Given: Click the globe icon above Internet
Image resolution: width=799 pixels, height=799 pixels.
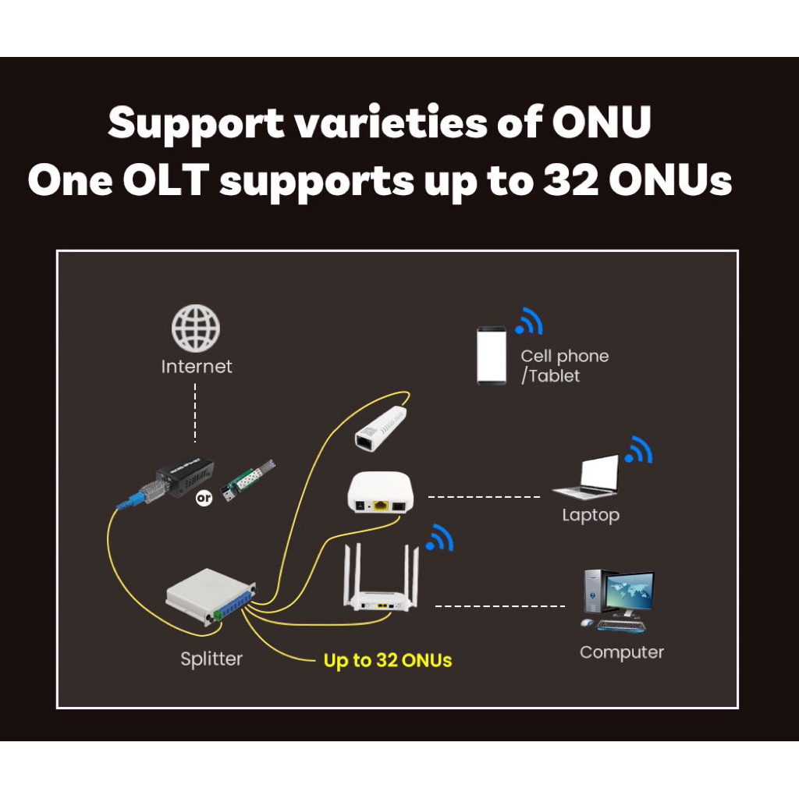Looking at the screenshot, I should pyautogui.click(x=196, y=328).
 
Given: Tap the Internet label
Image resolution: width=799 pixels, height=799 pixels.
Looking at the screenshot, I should pyautogui.click(x=197, y=366).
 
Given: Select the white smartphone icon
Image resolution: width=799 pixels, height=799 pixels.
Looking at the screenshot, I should pyautogui.click(x=492, y=356).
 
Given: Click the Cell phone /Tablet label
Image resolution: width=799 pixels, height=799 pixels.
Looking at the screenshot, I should pyautogui.click(x=564, y=366).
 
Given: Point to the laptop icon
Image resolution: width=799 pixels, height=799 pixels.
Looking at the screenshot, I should pyautogui.click(x=587, y=478).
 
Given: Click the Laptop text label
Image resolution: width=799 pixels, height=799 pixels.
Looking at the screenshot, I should pyautogui.click(x=591, y=515).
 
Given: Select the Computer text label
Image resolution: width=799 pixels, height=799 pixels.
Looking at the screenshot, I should pyautogui.click(x=621, y=652).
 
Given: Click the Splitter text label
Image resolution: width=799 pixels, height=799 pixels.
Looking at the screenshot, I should pyautogui.click(x=211, y=659).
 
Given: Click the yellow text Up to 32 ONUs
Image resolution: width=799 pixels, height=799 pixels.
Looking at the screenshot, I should pyautogui.click(x=388, y=660).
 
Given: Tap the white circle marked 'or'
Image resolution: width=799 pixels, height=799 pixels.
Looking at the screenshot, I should pyautogui.click(x=204, y=498).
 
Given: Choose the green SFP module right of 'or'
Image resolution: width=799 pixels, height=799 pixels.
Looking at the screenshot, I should pyautogui.click(x=248, y=482).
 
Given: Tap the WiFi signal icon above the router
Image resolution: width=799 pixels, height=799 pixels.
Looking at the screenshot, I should pyautogui.click(x=440, y=538).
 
